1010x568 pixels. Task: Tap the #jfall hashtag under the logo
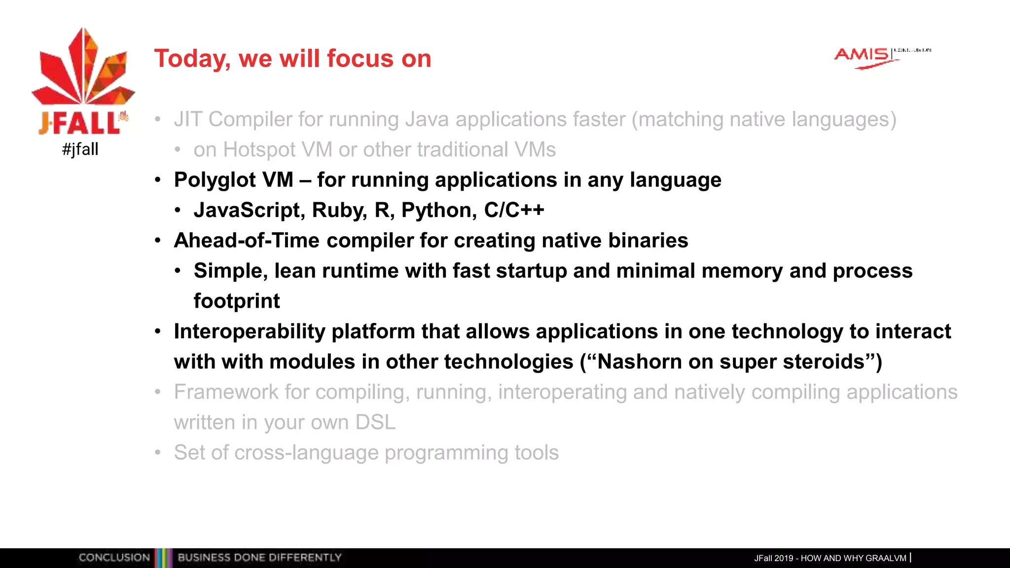tap(80, 149)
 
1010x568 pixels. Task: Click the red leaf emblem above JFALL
tap(83, 69)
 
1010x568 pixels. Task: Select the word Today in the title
tap(192, 59)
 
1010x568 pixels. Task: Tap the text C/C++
tap(514, 211)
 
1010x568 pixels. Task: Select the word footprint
tap(236, 301)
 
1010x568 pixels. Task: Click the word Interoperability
tap(250, 331)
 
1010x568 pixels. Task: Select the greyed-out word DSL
tap(375, 423)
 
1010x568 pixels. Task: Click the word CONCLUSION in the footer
tap(114, 558)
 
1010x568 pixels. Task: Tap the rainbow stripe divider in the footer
tap(163, 558)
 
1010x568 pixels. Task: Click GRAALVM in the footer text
tap(886, 558)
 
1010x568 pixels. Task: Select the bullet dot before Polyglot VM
tap(158, 180)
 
